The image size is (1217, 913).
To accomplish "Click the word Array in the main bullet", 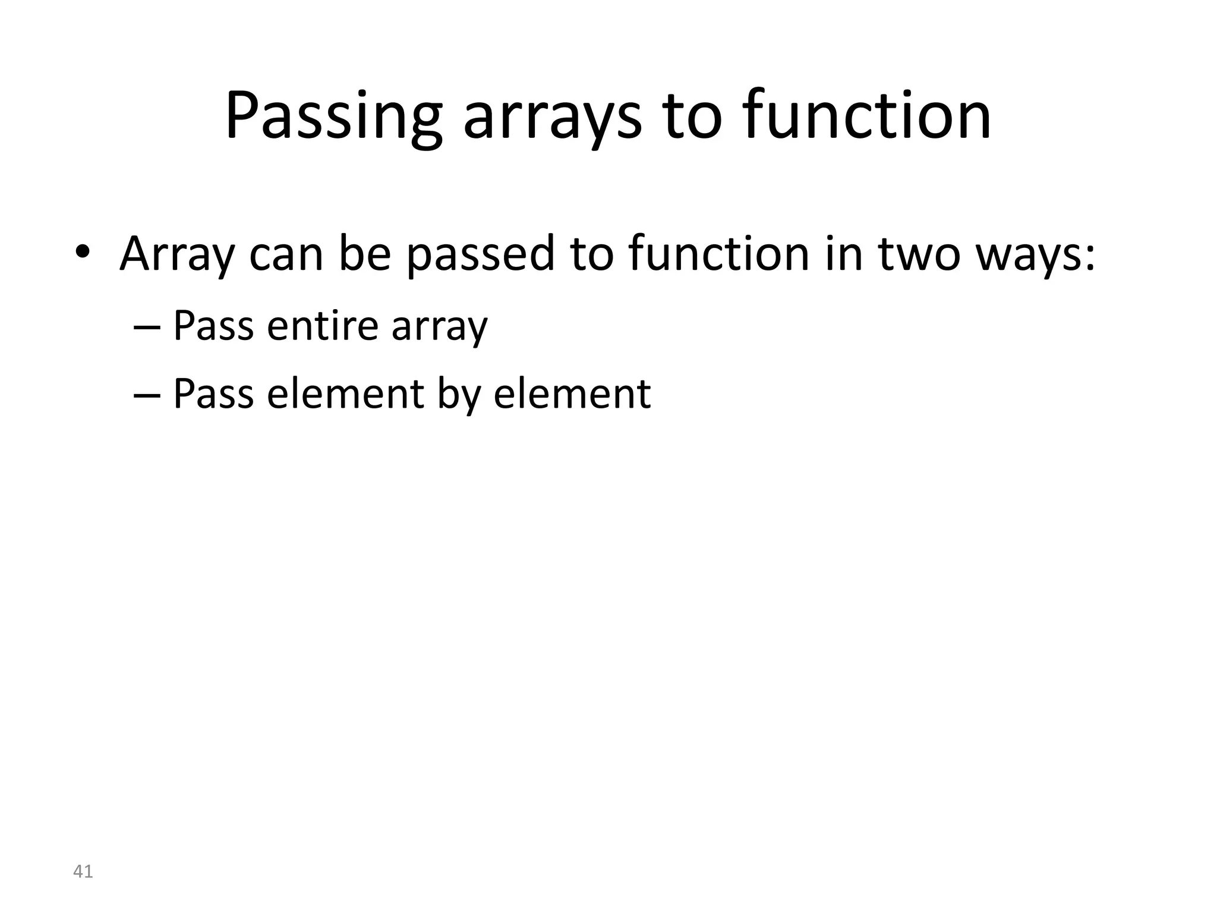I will [x=177, y=254].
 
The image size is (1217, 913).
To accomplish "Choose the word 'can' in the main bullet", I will [x=286, y=254].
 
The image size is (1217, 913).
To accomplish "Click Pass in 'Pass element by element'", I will [x=213, y=393].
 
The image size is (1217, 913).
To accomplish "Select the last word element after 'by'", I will [x=572, y=393].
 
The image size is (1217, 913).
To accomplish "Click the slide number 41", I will [x=83, y=871].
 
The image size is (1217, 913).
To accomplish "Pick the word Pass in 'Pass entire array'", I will [x=213, y=326].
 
